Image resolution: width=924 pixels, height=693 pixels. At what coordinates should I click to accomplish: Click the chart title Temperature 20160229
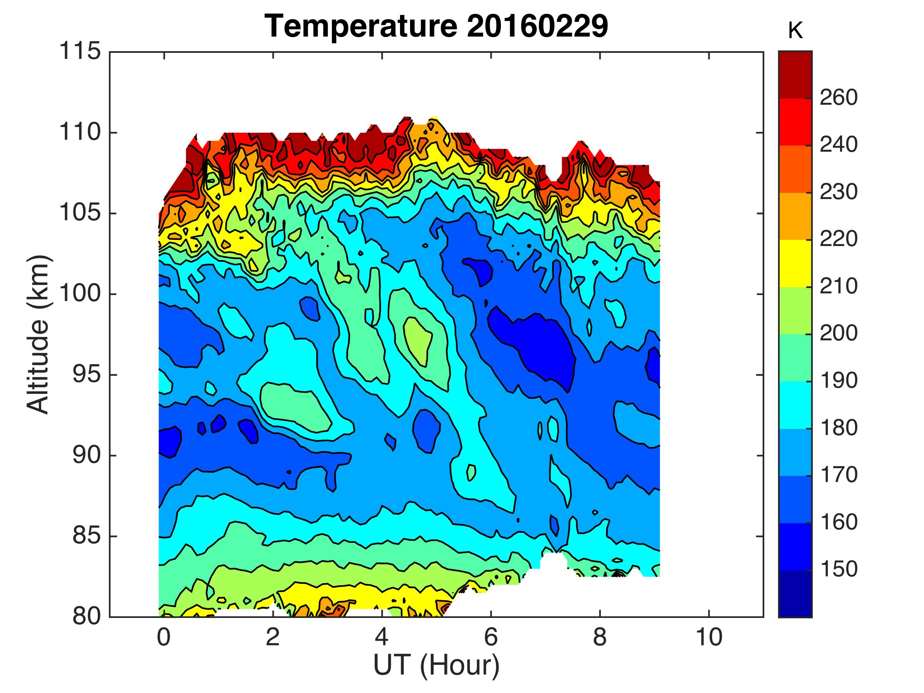point(436,26)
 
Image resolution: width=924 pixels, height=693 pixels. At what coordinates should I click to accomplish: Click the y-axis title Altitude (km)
point(38,335)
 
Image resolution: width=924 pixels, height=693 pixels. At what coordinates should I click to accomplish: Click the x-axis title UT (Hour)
point(436,665)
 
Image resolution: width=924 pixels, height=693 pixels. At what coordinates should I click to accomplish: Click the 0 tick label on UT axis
point(164,638)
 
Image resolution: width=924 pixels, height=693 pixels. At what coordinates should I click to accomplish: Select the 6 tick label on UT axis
point(491,638)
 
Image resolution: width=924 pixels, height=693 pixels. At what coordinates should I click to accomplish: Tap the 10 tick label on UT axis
point(709,638)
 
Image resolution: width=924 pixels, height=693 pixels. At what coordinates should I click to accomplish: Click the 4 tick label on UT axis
point(382,638)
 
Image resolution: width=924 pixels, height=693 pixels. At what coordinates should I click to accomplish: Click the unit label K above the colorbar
point(795,32)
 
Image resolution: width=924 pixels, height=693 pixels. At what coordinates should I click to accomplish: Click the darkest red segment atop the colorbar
point(795,75)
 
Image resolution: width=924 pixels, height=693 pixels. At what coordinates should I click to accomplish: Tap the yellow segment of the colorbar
point(795,263)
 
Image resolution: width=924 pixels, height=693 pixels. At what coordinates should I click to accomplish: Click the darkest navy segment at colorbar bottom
point(795,593)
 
